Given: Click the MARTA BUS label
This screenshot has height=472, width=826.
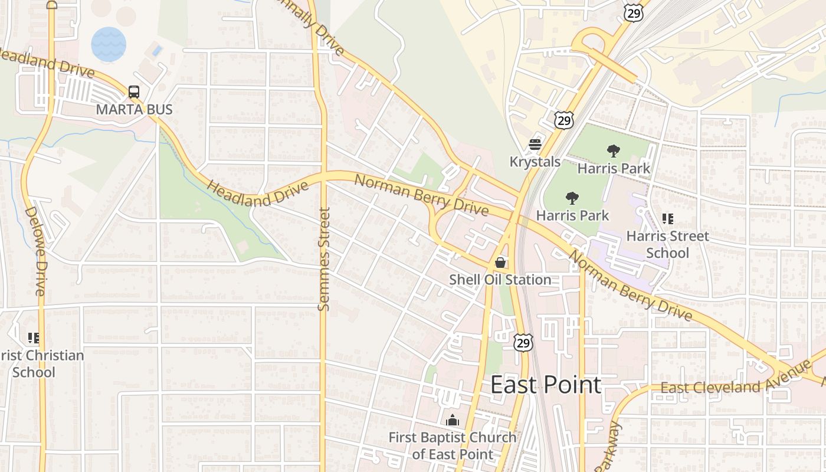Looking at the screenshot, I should (135, 109).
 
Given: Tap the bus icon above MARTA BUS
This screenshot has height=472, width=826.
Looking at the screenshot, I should (134, 92).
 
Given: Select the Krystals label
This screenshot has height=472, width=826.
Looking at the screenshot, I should (535, 161).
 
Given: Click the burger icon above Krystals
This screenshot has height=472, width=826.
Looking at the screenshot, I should (535, 145).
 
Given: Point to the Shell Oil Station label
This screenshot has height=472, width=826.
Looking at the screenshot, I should (500, 279).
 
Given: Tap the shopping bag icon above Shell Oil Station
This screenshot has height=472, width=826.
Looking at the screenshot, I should (500, 263).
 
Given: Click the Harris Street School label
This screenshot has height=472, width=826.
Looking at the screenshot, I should (667, 244).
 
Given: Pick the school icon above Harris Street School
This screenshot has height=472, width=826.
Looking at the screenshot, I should (667, 219).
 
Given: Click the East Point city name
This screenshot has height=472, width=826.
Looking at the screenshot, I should (546, 385).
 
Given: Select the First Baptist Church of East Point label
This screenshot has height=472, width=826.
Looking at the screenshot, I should (453, 445).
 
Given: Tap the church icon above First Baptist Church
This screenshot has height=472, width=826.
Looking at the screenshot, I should (453, 421).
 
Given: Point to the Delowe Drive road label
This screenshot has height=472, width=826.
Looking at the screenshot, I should (35, 251).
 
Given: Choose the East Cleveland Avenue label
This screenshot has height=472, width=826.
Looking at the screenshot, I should (736, 379).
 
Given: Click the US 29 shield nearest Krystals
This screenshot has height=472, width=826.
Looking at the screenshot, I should (564, 120).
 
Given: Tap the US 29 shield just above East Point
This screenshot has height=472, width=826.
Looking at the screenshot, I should (523, 342).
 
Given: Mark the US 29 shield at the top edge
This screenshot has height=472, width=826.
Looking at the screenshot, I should (632, 14).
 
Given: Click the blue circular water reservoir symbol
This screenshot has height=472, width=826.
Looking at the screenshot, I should (109, 44).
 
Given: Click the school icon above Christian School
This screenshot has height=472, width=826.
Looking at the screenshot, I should (34, 338).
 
